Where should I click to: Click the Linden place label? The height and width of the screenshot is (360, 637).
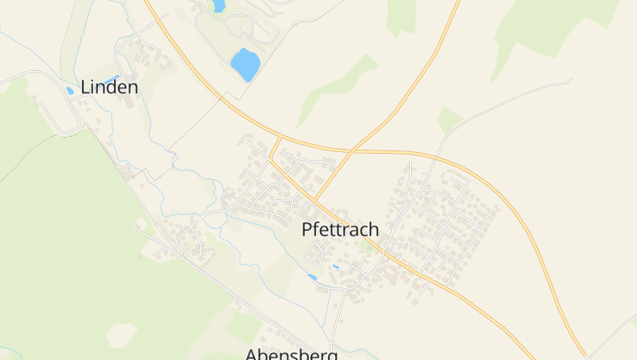tap(109, 88)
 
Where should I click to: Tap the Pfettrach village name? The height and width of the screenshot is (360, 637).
tap(340, 229)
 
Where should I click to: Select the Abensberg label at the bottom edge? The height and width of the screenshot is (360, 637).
tap(291, 354)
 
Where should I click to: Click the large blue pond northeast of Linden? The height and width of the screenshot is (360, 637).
tap(245, 64)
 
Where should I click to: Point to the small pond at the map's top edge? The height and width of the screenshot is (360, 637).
tap(217, 6)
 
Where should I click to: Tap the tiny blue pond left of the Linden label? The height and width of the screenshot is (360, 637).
tap(70, 91)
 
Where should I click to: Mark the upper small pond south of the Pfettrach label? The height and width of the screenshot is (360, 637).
tap(336, 266)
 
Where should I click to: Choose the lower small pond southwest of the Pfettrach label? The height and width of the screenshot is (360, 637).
tap(312, 277)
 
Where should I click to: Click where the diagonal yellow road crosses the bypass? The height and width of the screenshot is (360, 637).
tap(351, 150)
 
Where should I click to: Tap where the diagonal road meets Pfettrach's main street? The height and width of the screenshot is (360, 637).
tap(316, 199)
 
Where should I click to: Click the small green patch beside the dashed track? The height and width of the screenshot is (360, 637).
tap(449, 119)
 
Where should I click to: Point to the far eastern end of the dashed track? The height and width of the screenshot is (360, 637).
tap(570, 80)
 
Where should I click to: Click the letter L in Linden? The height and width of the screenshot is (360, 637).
tap(85, 88)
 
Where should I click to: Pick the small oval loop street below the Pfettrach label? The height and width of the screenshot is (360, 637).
tap(316, 254)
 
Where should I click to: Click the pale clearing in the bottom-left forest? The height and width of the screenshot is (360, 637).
tap(121, 334)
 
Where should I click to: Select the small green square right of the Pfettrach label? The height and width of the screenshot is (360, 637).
tap(366, 247)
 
